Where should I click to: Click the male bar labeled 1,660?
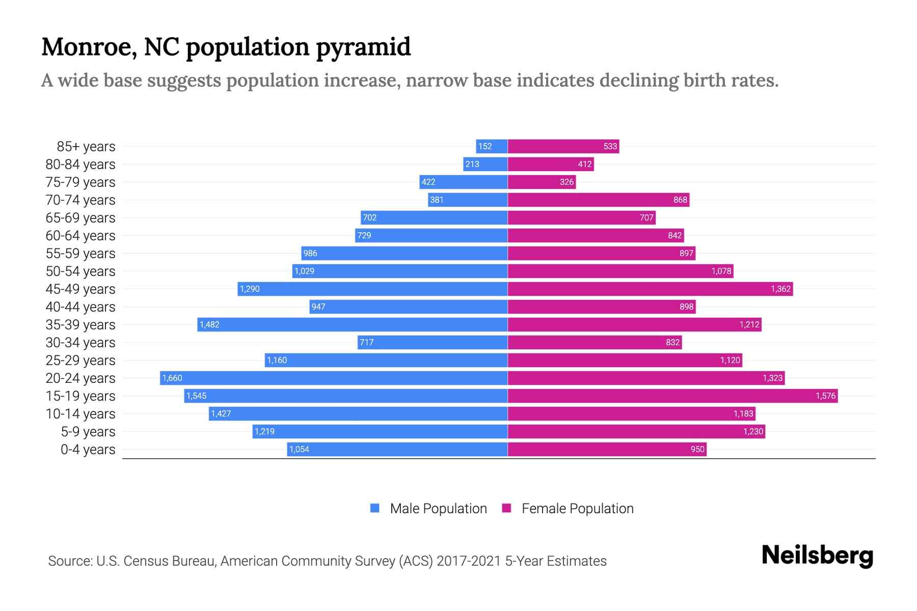pyautogui.click(x=334, y=378)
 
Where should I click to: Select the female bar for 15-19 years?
pyautogui.click(x=672, y=396)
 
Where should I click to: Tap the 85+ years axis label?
pyautogui.click(x=86, y=147)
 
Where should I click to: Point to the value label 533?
pyautogui.click(x=610, y=147)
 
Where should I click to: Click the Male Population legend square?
pyautogui.click(x=375, y=508)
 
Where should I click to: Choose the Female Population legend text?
pyautogui.click(x=577, y=509)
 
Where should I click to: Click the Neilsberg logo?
pyautogui.click(x=817, y=556)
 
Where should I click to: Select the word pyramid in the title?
pyautogui.click(x=363, y=47)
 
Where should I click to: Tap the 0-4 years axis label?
pyautogui.click(x=88, y=450)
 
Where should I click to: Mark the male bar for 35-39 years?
pyautogui.click(x=353, y=324)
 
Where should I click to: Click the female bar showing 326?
pyautogui.click(x=542, y=182)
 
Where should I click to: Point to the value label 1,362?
pyautogui.click(x=780, y=289)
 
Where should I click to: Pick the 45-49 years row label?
pyautogui.click(x=80, y=289)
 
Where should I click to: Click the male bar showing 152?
pyautogui.click(x=492, y=147)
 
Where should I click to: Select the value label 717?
pyautogui.click(x=366, y=343)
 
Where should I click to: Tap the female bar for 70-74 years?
pyautogui.click(x=599, y=200)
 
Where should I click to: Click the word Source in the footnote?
pyautogui.click(x=69, y=561)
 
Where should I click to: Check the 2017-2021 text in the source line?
pyautogui.click(x=468, y=561)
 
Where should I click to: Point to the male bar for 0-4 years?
pyautogui.click(x=397, y=449)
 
